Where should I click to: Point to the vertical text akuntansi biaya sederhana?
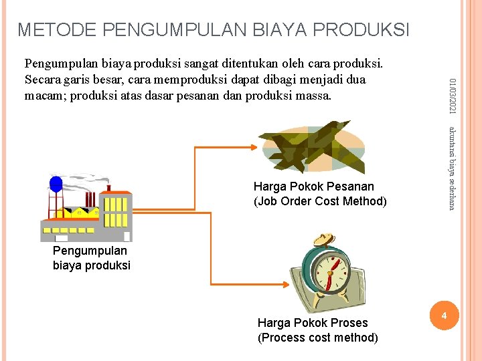pos(453,167)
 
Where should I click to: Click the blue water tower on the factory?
pos(56,185)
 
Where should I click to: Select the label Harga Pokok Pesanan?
pos(314,186)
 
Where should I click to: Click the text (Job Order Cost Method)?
pos(320,201)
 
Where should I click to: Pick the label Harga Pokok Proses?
pos(313,323)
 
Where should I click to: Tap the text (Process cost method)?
pos(317,338)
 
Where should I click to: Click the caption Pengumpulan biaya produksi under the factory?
pos(91,258)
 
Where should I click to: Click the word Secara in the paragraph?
pos(42,80)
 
